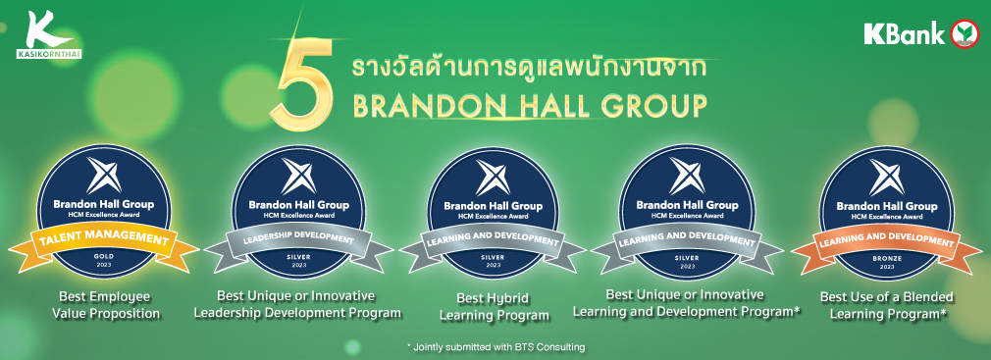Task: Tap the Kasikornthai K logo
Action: click(49, 35)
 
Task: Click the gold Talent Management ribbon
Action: click(104, 244)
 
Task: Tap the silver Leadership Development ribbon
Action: click(298, 243)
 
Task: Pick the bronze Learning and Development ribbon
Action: click(885, 244)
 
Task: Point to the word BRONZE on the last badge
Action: click(885, 258)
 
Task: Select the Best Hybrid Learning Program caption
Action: click(493, 306)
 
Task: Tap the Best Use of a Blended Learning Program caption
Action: click(887, 304)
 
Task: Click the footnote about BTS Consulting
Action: click(495, 346)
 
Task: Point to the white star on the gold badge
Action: click(104, 175)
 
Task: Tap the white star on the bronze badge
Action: click(887, 177)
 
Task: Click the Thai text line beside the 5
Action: click(528, 69)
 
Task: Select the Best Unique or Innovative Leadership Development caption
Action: click(297, 304)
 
